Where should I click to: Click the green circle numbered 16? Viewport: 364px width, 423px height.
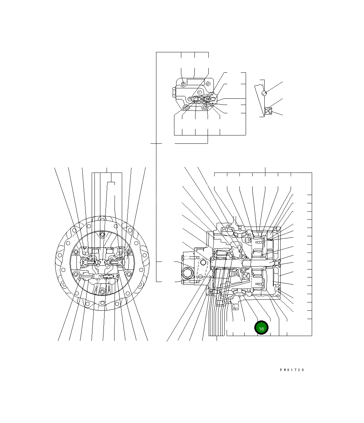coord(261,327)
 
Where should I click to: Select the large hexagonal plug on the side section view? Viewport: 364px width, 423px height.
coord(188,273)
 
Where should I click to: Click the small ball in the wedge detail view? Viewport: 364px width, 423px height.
coord(264,93)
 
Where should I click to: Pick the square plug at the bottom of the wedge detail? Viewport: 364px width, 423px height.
coord(270,111)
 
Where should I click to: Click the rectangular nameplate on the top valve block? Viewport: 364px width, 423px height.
coord(196,82)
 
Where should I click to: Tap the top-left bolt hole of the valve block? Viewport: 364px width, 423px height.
coord(183,84)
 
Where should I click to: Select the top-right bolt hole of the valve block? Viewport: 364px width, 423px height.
coord(208,84)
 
